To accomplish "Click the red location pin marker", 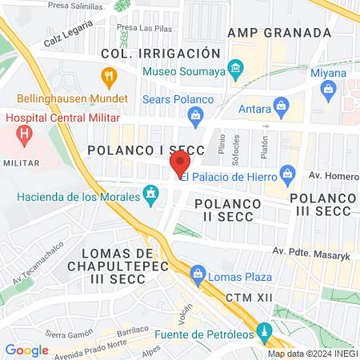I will click(x=176, y=166).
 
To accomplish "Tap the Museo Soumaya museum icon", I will click(x=236, y=70).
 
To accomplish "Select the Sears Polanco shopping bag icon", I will click(x=196, y=117).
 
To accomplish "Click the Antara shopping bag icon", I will click(x=281, y=104).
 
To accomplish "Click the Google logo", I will click(x=26, y=350).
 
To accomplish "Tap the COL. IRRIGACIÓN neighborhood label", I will click(x=160, y=53).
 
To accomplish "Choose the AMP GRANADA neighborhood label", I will click(x=278, y=33).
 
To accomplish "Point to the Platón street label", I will click(x=263, y=145).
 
